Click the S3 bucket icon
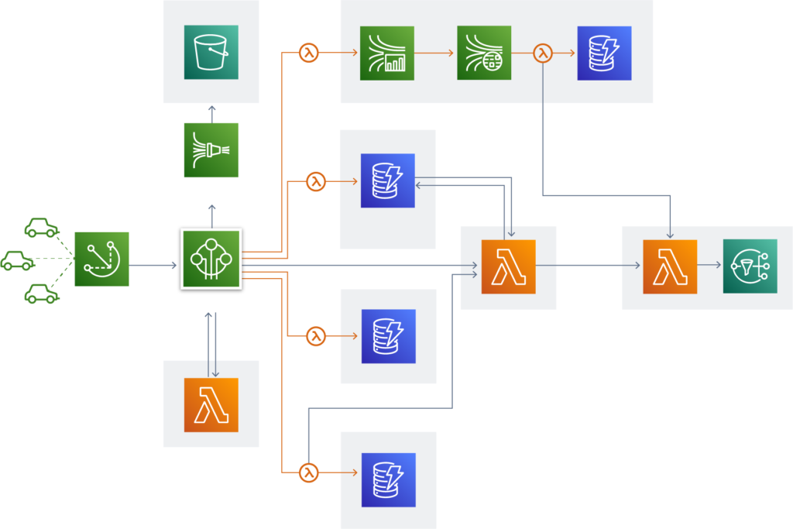(x=211, y=52)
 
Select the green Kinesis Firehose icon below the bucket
(x=211, y=149)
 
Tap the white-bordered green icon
(x=211, y=259)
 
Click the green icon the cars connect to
(x=101, y=259)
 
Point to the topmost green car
(x=41, y=228)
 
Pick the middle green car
(x=18, y=260)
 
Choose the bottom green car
(x=41, y=294)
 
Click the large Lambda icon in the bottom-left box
(x=211, y=404)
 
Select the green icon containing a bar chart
(x=386, y=53)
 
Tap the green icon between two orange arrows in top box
(x=484, y=53)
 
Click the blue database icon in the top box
(x=604, y=53)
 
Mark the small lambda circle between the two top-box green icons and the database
(x=543, y=53)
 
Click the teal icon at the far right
(x=750, y=266)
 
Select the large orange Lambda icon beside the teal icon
(x=670, y=266)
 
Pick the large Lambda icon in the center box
(x=508, y=266)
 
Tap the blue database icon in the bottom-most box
(x=388, y=479)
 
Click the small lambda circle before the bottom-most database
(x=309, y=472)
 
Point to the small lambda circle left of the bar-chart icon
(x=309, y=53)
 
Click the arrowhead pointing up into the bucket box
(x=211, y=108)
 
